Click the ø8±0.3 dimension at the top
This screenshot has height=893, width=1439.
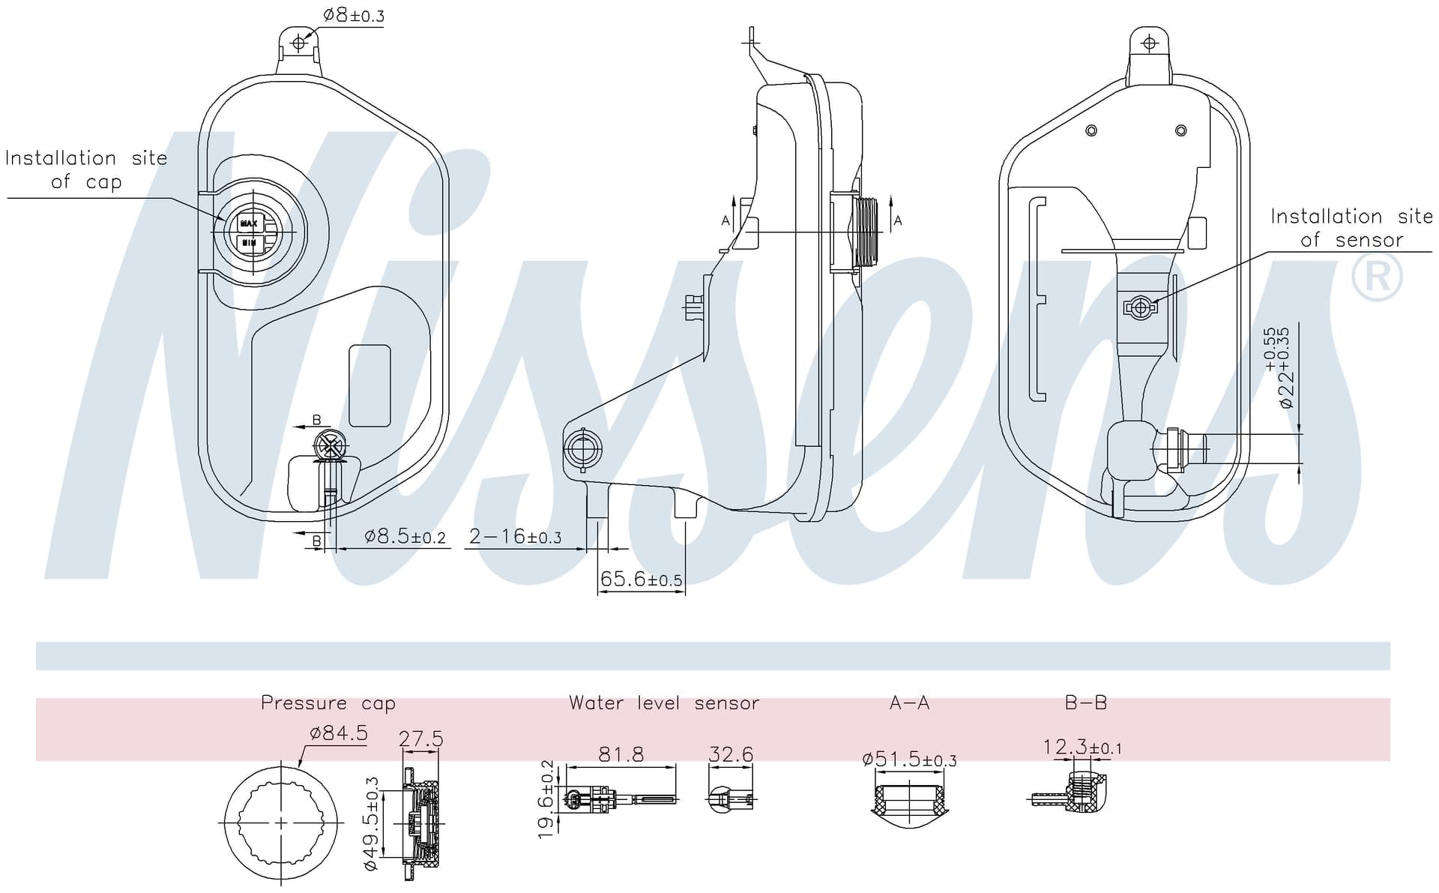click(354, 15)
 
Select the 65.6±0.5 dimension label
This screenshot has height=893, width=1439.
click(641, 579)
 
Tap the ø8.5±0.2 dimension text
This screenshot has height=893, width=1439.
click(405, 537)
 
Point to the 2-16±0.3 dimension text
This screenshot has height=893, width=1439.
click(515, 537)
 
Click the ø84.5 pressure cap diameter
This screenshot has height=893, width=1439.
click(338, 733)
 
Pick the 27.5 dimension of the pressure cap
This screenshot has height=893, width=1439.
click(420, 739)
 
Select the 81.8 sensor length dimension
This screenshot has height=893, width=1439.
click(621, 754)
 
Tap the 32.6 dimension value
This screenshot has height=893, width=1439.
click(730, 754)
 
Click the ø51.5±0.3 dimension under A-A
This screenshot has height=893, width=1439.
click(909, 760)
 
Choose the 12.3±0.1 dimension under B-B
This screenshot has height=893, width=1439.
click(1082, 748)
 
